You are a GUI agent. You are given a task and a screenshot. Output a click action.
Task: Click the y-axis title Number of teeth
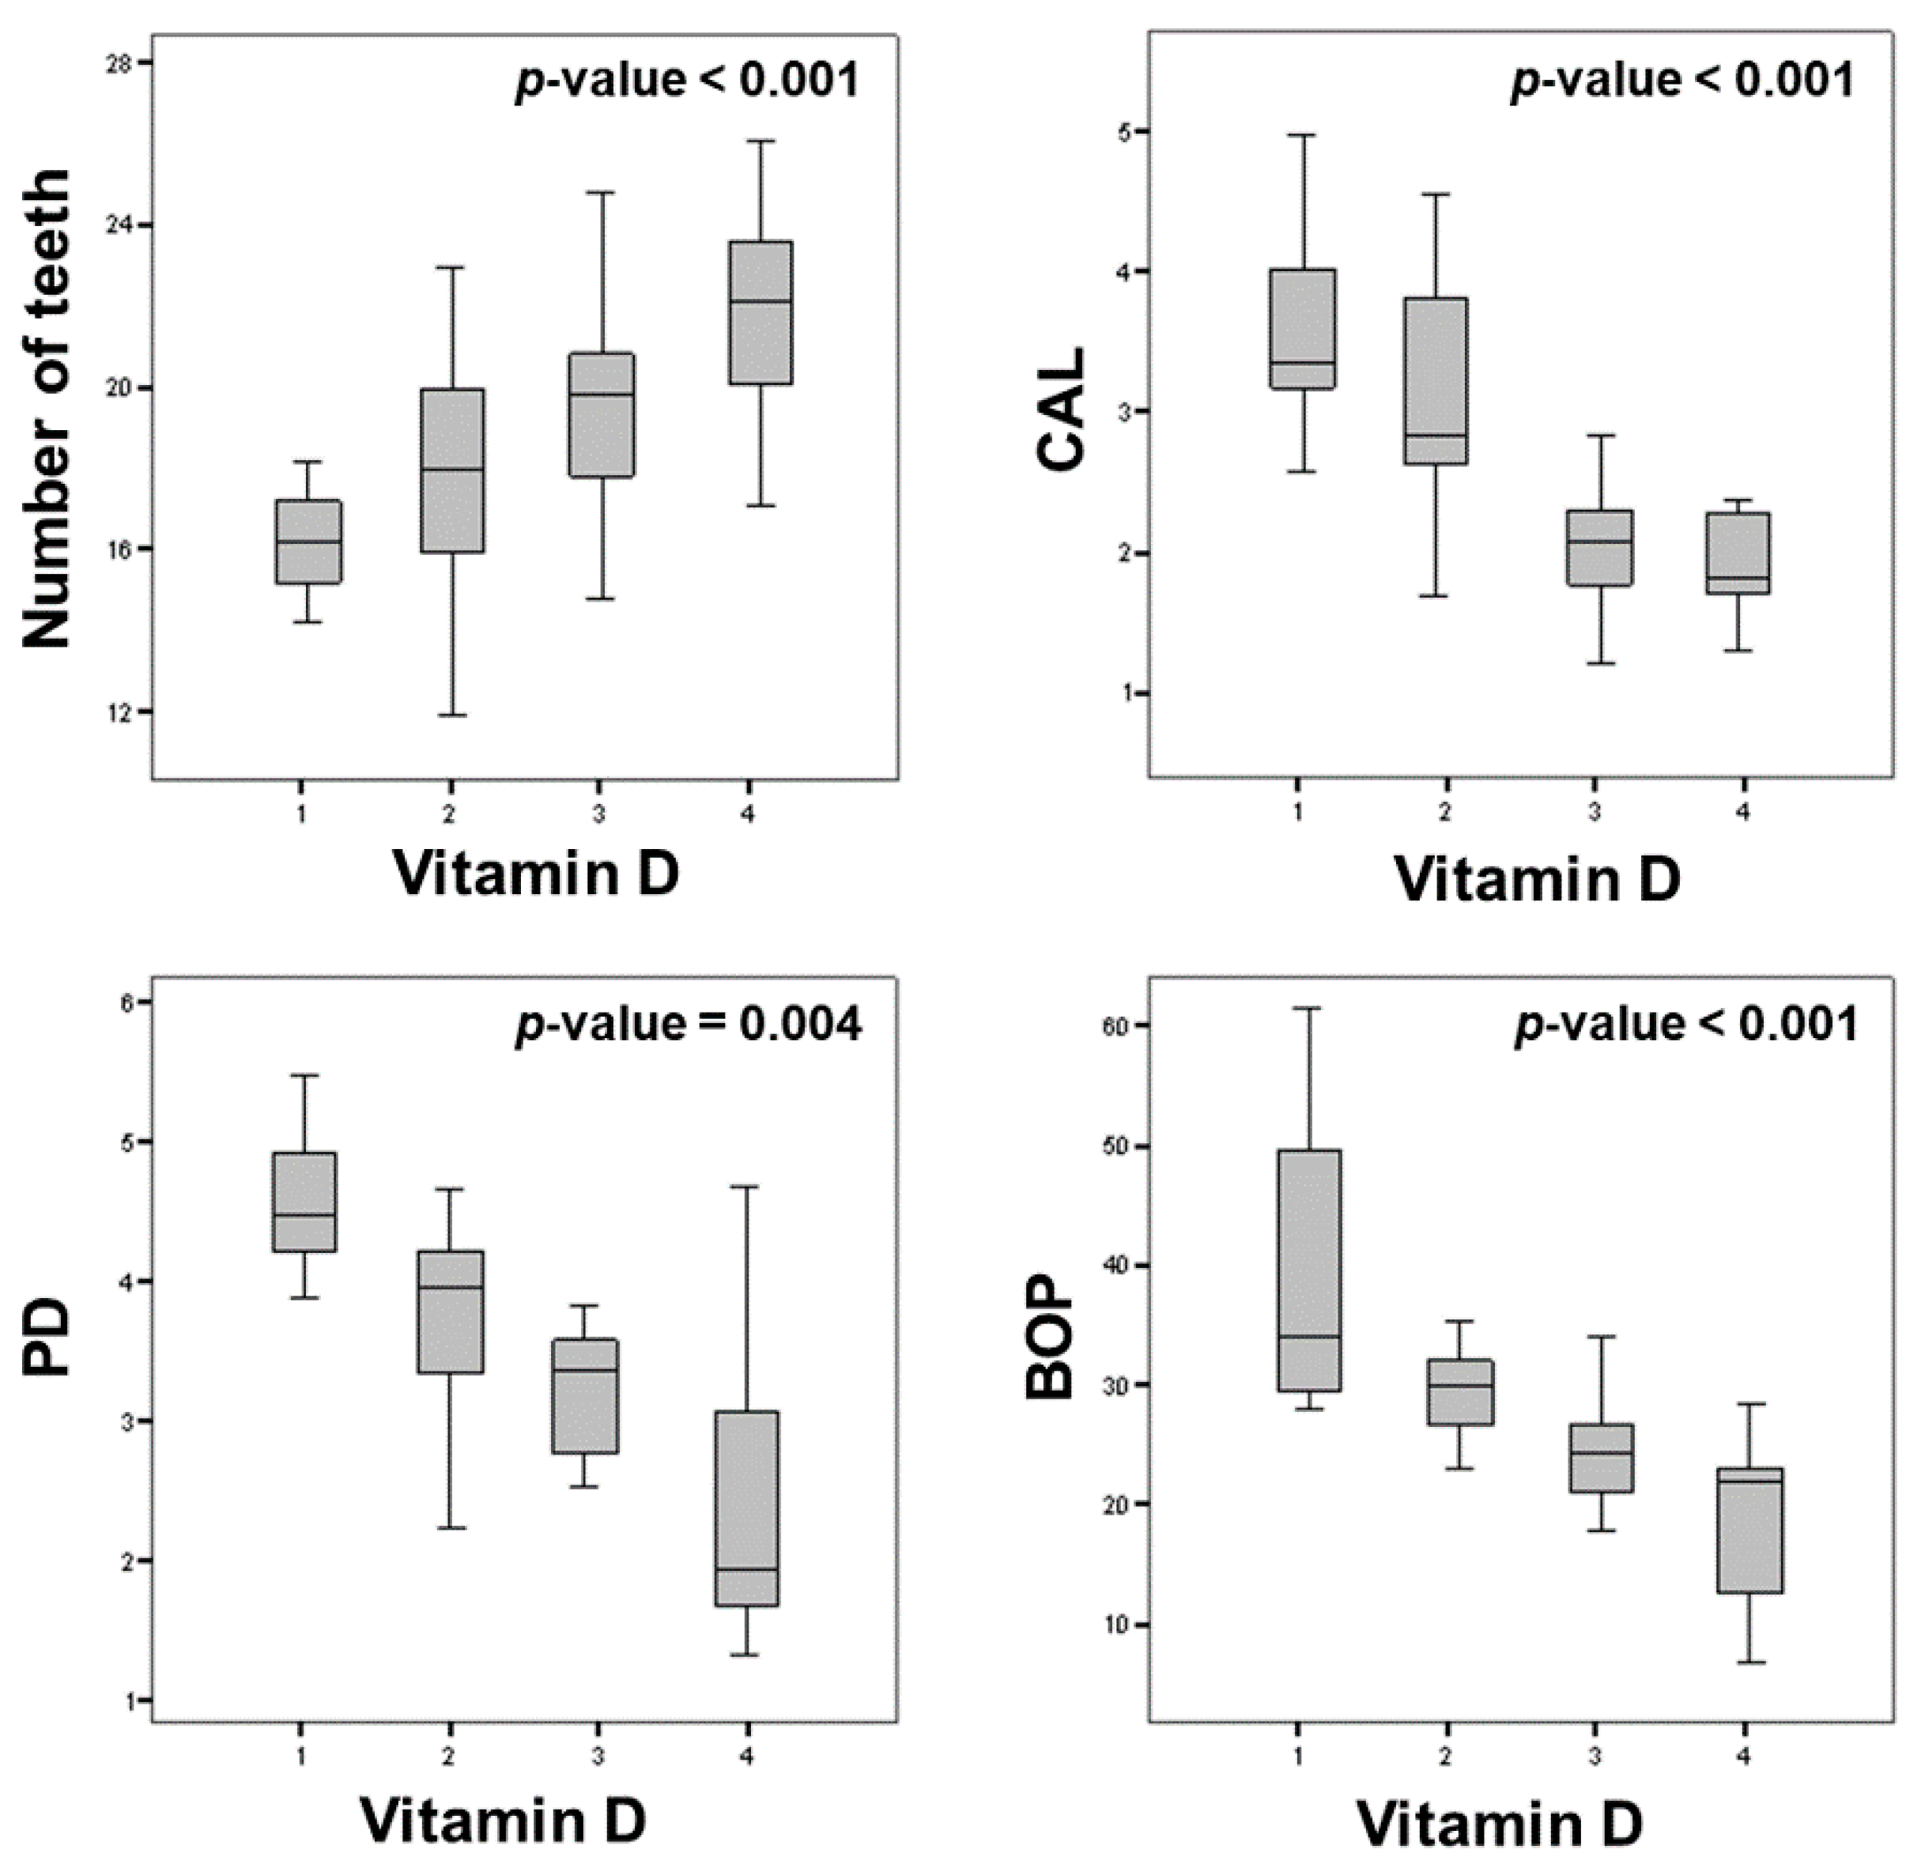[x=47, y=409]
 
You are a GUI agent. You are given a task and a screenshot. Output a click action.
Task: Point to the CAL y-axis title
[x=1061, y=410]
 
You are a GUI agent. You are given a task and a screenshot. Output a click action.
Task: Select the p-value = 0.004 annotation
[x=689, y=1025]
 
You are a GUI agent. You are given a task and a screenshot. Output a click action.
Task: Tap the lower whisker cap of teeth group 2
[x=452, y=715]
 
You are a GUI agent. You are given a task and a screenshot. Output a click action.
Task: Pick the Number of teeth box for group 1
[x=308, y=542]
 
